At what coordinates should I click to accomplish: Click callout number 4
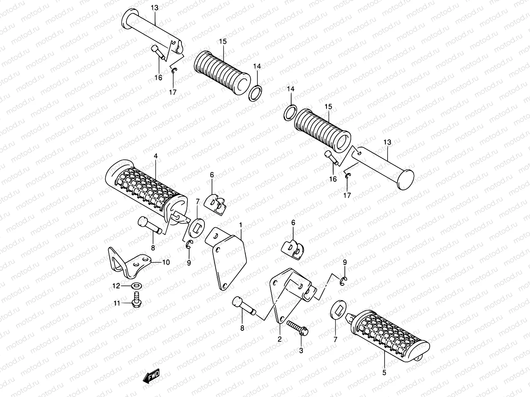(x=155, y=155)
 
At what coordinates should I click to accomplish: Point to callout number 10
(x=166, y=262)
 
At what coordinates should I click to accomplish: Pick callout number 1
(x=241, y=225)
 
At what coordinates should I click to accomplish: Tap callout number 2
(x=280, y=339)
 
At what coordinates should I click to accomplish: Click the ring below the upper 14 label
(x=255, y=94)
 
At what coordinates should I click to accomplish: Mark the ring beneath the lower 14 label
(x=290, y=112)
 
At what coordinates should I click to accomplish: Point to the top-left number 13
(x=155, y=8)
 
